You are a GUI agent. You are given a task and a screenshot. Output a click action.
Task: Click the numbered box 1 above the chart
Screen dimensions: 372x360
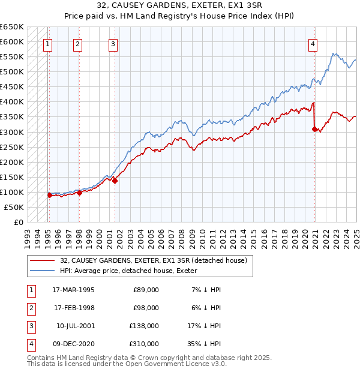(47, 43)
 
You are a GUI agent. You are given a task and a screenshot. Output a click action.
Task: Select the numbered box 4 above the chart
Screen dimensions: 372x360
(313, 43)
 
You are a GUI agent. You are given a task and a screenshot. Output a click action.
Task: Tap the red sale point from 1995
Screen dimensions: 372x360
(49, 195)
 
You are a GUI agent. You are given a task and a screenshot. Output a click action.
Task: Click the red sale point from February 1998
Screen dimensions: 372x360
(79, 193)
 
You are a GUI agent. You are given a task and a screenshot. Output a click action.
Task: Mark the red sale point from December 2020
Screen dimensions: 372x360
(314, 128)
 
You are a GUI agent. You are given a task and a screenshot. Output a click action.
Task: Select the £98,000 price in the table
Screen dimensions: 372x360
(146, 308)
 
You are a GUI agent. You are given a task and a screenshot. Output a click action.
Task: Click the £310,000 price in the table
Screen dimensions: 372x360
(145, 344)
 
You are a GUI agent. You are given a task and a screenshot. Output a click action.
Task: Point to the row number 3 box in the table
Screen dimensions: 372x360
(31, 326)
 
